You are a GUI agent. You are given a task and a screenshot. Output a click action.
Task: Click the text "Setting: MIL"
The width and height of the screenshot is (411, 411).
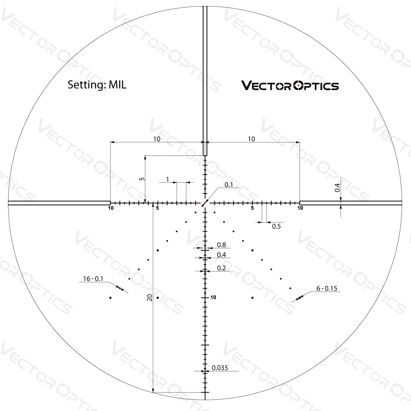click(x=97, y=85)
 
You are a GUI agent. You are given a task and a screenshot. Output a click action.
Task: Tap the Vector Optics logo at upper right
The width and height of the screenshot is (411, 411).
click(x=290, y=85)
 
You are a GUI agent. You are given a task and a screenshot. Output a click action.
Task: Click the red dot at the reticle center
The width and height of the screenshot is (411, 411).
click(x=205, y=203)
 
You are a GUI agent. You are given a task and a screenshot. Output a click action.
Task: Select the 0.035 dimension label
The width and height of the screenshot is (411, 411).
click(x=220, y=368)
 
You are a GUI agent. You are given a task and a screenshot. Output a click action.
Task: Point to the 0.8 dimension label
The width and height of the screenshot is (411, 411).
click(x=222, y=245)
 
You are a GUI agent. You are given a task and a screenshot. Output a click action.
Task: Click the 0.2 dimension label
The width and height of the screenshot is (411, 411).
click(x=222, y=268)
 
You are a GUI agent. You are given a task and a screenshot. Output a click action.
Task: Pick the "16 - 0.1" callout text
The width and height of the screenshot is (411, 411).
click(x=93, y=279)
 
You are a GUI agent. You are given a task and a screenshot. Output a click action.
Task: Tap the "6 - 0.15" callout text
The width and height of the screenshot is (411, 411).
click(x=327, y=289)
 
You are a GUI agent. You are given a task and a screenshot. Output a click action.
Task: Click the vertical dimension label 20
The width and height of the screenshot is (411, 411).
click(x=149, y=298)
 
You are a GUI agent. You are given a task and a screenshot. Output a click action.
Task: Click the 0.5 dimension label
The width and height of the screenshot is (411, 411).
click(x=276, y=226)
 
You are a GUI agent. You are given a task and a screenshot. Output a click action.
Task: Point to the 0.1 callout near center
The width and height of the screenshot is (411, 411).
click(x=228, y=185)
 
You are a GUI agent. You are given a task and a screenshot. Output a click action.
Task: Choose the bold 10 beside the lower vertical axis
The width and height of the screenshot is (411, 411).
click(x=213, y=298)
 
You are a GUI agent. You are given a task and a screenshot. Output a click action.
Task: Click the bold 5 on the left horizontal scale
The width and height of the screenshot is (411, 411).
click(x=157, y=208)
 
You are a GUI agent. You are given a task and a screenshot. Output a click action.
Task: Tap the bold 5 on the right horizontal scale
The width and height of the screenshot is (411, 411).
click(x=252, y=208)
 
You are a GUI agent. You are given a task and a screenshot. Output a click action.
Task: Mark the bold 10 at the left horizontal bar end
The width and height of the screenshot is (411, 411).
click(x=110, y=208)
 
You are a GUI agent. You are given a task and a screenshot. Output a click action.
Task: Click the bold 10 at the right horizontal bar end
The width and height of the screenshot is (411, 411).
click(x=300, y=208)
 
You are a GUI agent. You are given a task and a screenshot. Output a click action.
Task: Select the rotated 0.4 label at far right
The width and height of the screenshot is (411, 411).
click(x=337, y=188)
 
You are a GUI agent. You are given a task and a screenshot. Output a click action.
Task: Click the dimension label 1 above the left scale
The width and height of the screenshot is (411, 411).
click(x=167, y=179)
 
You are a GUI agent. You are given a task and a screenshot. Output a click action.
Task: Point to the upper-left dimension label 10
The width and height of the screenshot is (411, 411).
click(x=157, y=139)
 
